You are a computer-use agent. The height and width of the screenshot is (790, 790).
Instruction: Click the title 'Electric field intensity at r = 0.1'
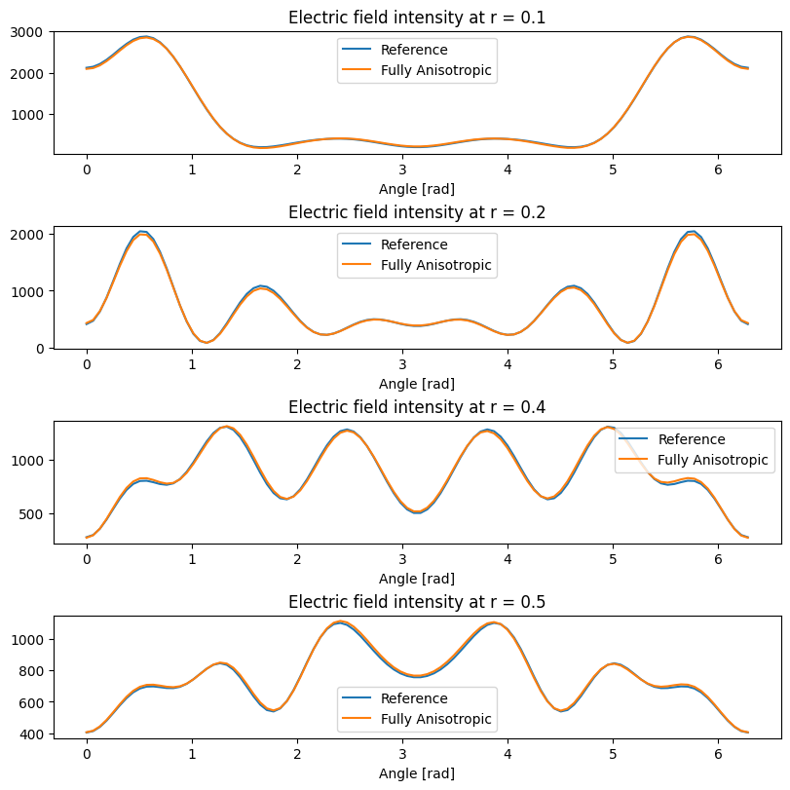(x=417, y=18)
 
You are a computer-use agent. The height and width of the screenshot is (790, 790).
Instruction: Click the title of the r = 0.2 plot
(x=417, y=212)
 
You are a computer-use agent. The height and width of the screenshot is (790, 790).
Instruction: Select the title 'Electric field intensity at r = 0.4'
(x=417, y=407)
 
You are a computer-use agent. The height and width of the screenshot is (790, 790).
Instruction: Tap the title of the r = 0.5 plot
(x=417, y=602)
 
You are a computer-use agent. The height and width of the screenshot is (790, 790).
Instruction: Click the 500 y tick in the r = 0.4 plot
(x=33, y=514)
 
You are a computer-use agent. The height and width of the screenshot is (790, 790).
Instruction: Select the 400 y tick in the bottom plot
(x=33, y=734)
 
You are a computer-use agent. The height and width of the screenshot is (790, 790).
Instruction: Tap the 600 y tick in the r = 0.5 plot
(x=33, y=702)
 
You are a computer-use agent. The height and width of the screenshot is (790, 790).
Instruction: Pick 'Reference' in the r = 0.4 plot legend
(x=691, y=439)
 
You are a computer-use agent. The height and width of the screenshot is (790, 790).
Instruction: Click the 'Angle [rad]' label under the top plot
(x=417, y=189)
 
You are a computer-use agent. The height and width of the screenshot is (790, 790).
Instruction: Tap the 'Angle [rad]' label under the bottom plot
(x=417, y=773)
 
